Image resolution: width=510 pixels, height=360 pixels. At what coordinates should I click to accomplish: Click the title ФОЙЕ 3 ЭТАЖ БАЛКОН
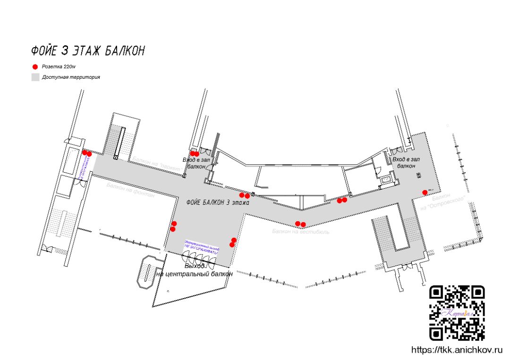pos(88,50)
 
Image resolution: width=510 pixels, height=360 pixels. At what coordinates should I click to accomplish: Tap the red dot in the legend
pos(35,67)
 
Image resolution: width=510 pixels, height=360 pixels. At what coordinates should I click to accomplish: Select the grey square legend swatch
pos(35,77)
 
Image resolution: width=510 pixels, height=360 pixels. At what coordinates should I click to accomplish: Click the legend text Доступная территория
pos(71,77)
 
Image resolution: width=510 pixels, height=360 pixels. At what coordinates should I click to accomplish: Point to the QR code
pos(457,313)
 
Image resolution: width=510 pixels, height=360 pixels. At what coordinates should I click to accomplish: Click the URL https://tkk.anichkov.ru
pos(456,350)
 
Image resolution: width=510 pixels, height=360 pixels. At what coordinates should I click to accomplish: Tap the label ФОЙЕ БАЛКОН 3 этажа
pos(218,202)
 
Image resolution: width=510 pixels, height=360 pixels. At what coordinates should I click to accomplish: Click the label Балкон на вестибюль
pos(301,232)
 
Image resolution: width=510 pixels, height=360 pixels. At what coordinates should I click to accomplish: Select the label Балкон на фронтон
pos(130,190)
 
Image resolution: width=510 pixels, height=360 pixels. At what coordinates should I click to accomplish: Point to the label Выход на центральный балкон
pos(194,270)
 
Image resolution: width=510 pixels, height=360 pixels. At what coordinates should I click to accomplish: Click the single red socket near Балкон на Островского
pos(425,192)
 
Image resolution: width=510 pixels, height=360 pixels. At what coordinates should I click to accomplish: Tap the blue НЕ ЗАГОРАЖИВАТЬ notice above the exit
pos(202,247)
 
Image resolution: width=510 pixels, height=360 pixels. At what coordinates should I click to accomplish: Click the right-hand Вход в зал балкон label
pos(406,163)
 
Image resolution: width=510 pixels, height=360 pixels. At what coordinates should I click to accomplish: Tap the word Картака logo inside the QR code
pos(456,313)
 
